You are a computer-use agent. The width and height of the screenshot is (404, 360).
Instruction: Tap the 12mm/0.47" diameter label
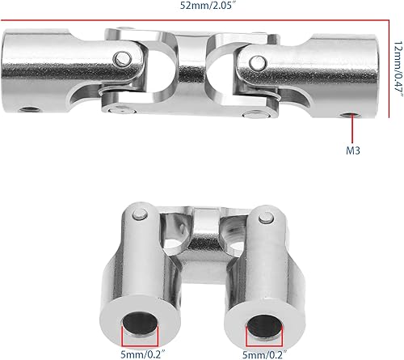pos(399,69)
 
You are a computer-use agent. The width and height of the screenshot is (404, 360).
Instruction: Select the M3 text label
pos(353,150)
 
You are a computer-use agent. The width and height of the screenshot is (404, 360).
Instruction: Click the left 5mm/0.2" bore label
pos(142,354)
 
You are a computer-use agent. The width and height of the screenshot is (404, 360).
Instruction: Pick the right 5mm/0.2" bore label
pos(264,354)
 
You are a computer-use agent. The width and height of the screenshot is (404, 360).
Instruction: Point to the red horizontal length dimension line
pos(195,20)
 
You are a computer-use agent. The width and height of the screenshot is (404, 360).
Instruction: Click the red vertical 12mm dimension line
pos(389,69)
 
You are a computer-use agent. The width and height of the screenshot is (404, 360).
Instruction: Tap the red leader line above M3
pos(352,129)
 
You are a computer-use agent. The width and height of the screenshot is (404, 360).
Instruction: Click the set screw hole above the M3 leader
pos(350,115)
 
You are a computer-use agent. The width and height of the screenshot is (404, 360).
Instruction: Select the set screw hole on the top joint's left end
pos(29,110)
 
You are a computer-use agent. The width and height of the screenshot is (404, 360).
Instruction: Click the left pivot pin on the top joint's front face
pos(123,59)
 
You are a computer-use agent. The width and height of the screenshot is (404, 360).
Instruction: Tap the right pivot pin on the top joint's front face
pos(258,62)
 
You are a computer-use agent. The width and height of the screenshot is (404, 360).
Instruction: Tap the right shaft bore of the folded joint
pos(264,326)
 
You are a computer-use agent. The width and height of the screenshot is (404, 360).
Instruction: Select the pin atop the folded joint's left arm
pos(140,214)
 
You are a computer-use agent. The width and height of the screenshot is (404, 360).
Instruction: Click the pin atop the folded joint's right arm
pos(266,218)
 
